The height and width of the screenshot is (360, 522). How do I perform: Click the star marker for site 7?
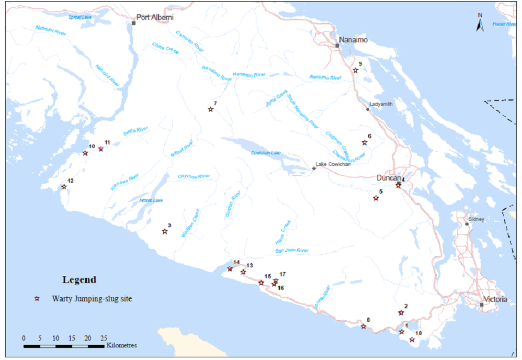coord(211,109)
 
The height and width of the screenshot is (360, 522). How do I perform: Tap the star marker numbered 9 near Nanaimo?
coord(355,70)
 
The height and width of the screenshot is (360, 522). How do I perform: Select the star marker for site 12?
coord(64,187)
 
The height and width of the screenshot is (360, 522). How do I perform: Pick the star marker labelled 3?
coord(165,231)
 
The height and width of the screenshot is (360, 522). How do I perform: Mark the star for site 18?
coord(412,340)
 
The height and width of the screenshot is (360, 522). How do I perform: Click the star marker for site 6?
coord(365,142)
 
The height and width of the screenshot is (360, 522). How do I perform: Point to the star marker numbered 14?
coord(230,269)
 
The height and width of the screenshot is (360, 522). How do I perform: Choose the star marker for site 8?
coord(364,327)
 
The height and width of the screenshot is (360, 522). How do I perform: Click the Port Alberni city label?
coord(155,17)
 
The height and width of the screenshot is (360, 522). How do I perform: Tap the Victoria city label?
coord(495,299)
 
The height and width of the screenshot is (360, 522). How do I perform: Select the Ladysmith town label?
coord(380,104)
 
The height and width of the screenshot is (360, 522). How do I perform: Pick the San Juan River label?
coord(292,251)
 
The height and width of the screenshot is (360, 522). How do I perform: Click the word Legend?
coord(79,279)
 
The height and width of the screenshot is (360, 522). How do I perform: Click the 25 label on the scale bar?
coord(104,337)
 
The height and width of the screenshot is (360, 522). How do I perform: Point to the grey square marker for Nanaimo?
coord(337,46)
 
